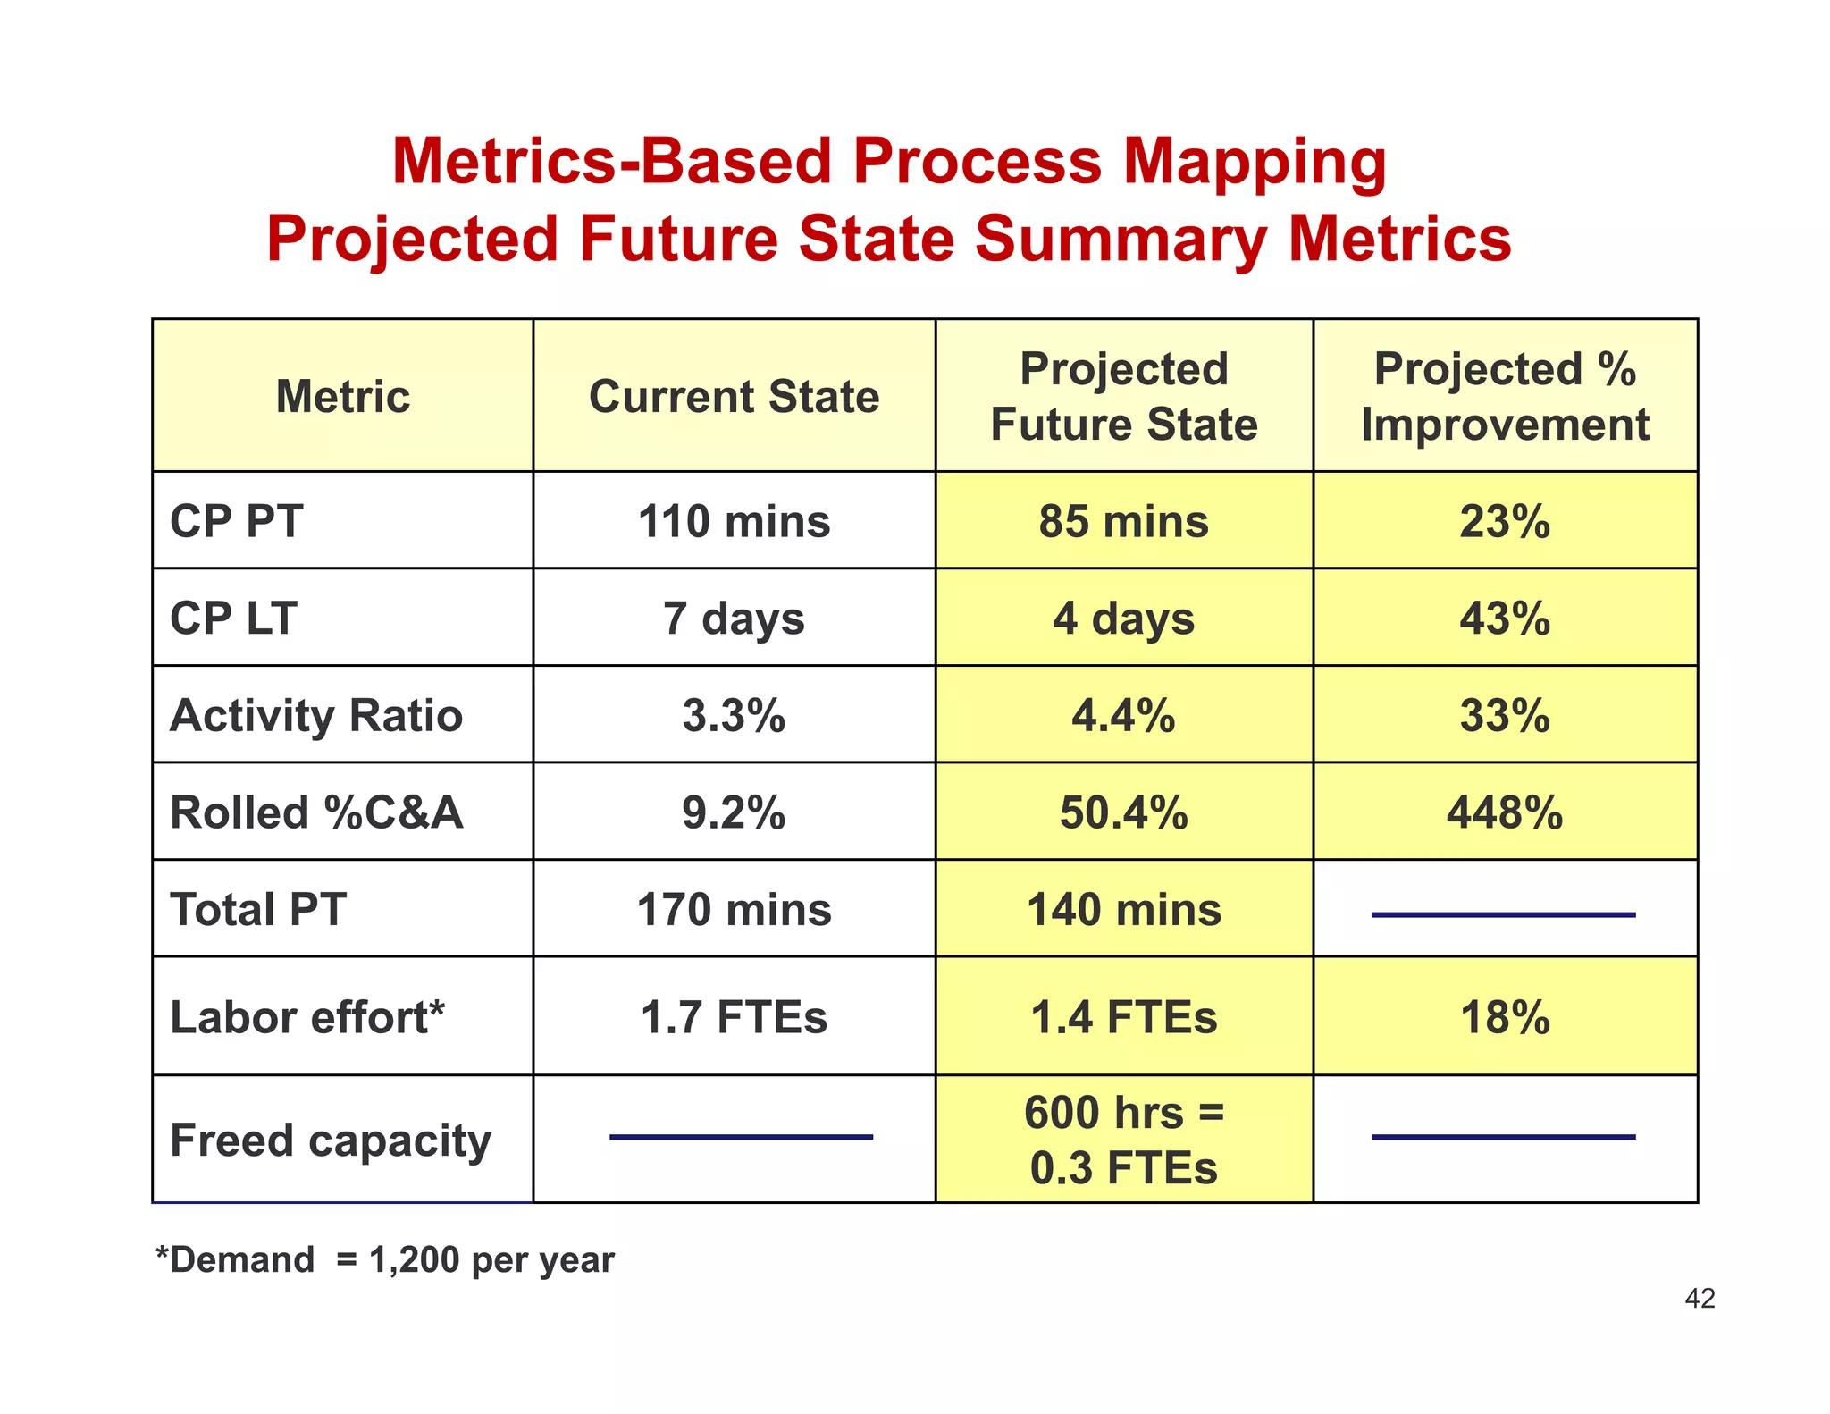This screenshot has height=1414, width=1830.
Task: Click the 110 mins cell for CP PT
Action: point(734,521)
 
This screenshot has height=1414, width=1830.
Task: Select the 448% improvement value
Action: point(1505,812)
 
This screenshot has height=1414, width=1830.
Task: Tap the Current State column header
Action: point(734,396)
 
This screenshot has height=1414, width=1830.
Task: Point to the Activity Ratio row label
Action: point(316,715)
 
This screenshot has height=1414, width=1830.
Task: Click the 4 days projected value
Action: point(1123,619)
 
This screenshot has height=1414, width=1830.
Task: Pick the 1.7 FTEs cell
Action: point(734,1017)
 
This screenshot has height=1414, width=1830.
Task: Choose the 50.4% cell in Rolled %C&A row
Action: point(1123,812)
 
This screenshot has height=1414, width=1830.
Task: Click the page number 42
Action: point(1700,1298)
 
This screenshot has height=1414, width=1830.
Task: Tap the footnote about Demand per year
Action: point(385,1259)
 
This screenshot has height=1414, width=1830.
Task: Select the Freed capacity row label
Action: point(331,1140)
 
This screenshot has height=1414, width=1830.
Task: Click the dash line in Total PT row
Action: point(1504,914)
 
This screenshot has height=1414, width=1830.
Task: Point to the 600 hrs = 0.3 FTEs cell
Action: point(1123,1140)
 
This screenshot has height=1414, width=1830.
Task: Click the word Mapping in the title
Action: point(1254,163)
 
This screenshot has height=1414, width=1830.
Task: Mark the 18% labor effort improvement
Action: point(1505,1017)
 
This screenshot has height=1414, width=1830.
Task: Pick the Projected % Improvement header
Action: point(1505,396)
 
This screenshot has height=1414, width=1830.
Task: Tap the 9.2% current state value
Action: point(734,812)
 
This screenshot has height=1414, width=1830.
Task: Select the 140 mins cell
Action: point(1123,910)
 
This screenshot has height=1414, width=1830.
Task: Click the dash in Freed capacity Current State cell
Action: point(741,1137)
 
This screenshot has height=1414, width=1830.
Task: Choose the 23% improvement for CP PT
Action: point(1505,521)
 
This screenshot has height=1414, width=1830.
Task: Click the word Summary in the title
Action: point(1120,240)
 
